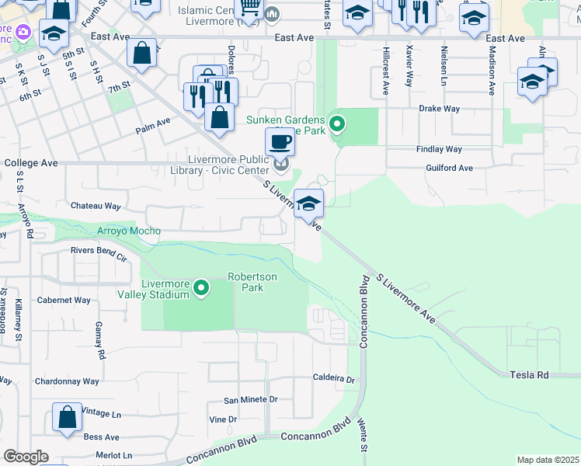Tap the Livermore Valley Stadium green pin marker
pos(202,288)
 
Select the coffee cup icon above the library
pos(280,142)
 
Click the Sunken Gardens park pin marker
pos(337,123)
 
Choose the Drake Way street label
pos(440,109)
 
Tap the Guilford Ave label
pos(449,168)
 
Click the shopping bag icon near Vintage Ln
pos(68,417)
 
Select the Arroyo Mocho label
pos(129,231)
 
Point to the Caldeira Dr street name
pos(333,380)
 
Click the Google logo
pos(25,457)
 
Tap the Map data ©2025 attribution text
pos(548,460)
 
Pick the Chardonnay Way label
pos(67,381)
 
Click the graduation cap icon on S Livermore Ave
pos(308,203)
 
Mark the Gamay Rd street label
pos(100,340)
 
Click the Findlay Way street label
pos(439,149)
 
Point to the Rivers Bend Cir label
pos(99,250)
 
